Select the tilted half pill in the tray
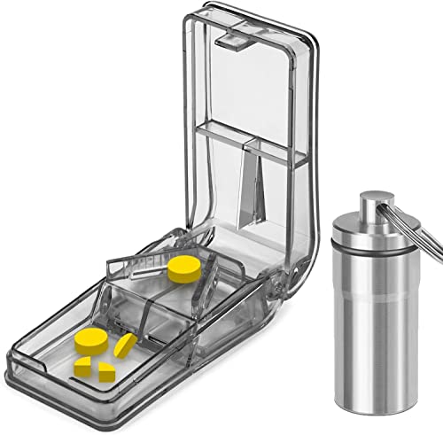125,346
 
